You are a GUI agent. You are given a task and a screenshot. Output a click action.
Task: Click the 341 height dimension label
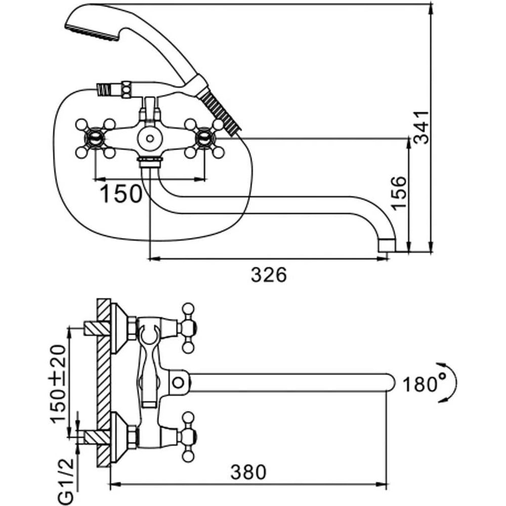point(422,127)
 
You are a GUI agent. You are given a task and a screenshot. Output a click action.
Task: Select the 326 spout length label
point(269,275)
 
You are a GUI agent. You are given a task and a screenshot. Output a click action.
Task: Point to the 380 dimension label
point(248,472)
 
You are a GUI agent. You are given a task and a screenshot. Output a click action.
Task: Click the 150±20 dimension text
point(58,384)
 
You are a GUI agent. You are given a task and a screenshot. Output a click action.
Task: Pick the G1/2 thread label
point(67,481)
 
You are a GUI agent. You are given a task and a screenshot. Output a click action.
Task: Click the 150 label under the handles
point(121,194)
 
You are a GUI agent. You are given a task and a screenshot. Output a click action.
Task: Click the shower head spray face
point(91,33)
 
